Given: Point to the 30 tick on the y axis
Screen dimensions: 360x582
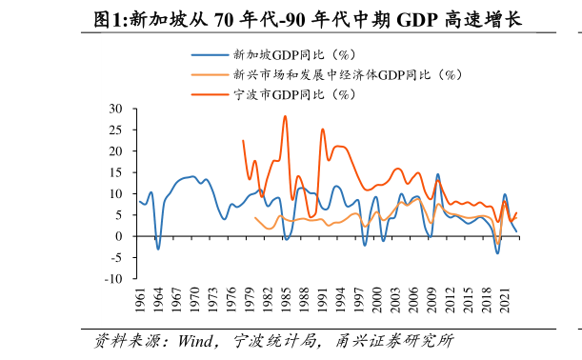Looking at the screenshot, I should tap(117, 109).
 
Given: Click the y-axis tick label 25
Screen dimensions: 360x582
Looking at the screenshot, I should tap(117, 130).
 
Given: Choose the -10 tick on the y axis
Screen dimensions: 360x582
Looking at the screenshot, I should tap(115, 279).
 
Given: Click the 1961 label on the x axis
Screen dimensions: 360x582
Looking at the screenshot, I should tap(141, 299).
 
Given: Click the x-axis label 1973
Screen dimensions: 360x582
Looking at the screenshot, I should tap(213, 299).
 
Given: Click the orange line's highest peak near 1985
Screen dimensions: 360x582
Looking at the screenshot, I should tap(285, 116).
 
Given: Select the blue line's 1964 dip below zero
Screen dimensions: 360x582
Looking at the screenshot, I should tap(158, 249).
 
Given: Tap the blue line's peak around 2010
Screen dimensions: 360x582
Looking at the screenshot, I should tap(437, 174).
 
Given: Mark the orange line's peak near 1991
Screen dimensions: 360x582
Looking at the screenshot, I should tap(322, 130).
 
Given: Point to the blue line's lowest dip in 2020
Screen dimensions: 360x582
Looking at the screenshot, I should tap(497, 252).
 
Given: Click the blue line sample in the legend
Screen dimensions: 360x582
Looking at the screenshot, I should tap(204, 54).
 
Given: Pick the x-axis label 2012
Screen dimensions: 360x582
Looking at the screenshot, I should tap(451, 299).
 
